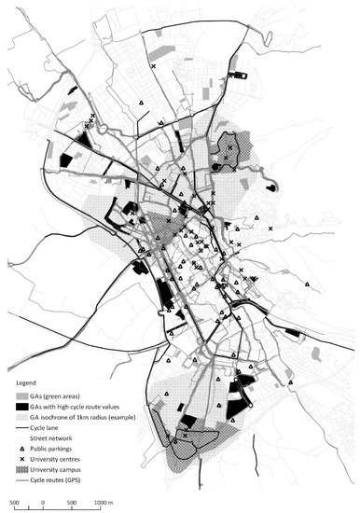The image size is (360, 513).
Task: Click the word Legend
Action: [28, 383]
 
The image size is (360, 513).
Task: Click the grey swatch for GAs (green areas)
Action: [20, 395]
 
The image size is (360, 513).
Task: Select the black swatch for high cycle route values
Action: [20, 406]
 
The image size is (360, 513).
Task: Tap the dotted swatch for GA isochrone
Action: [20, 417]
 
